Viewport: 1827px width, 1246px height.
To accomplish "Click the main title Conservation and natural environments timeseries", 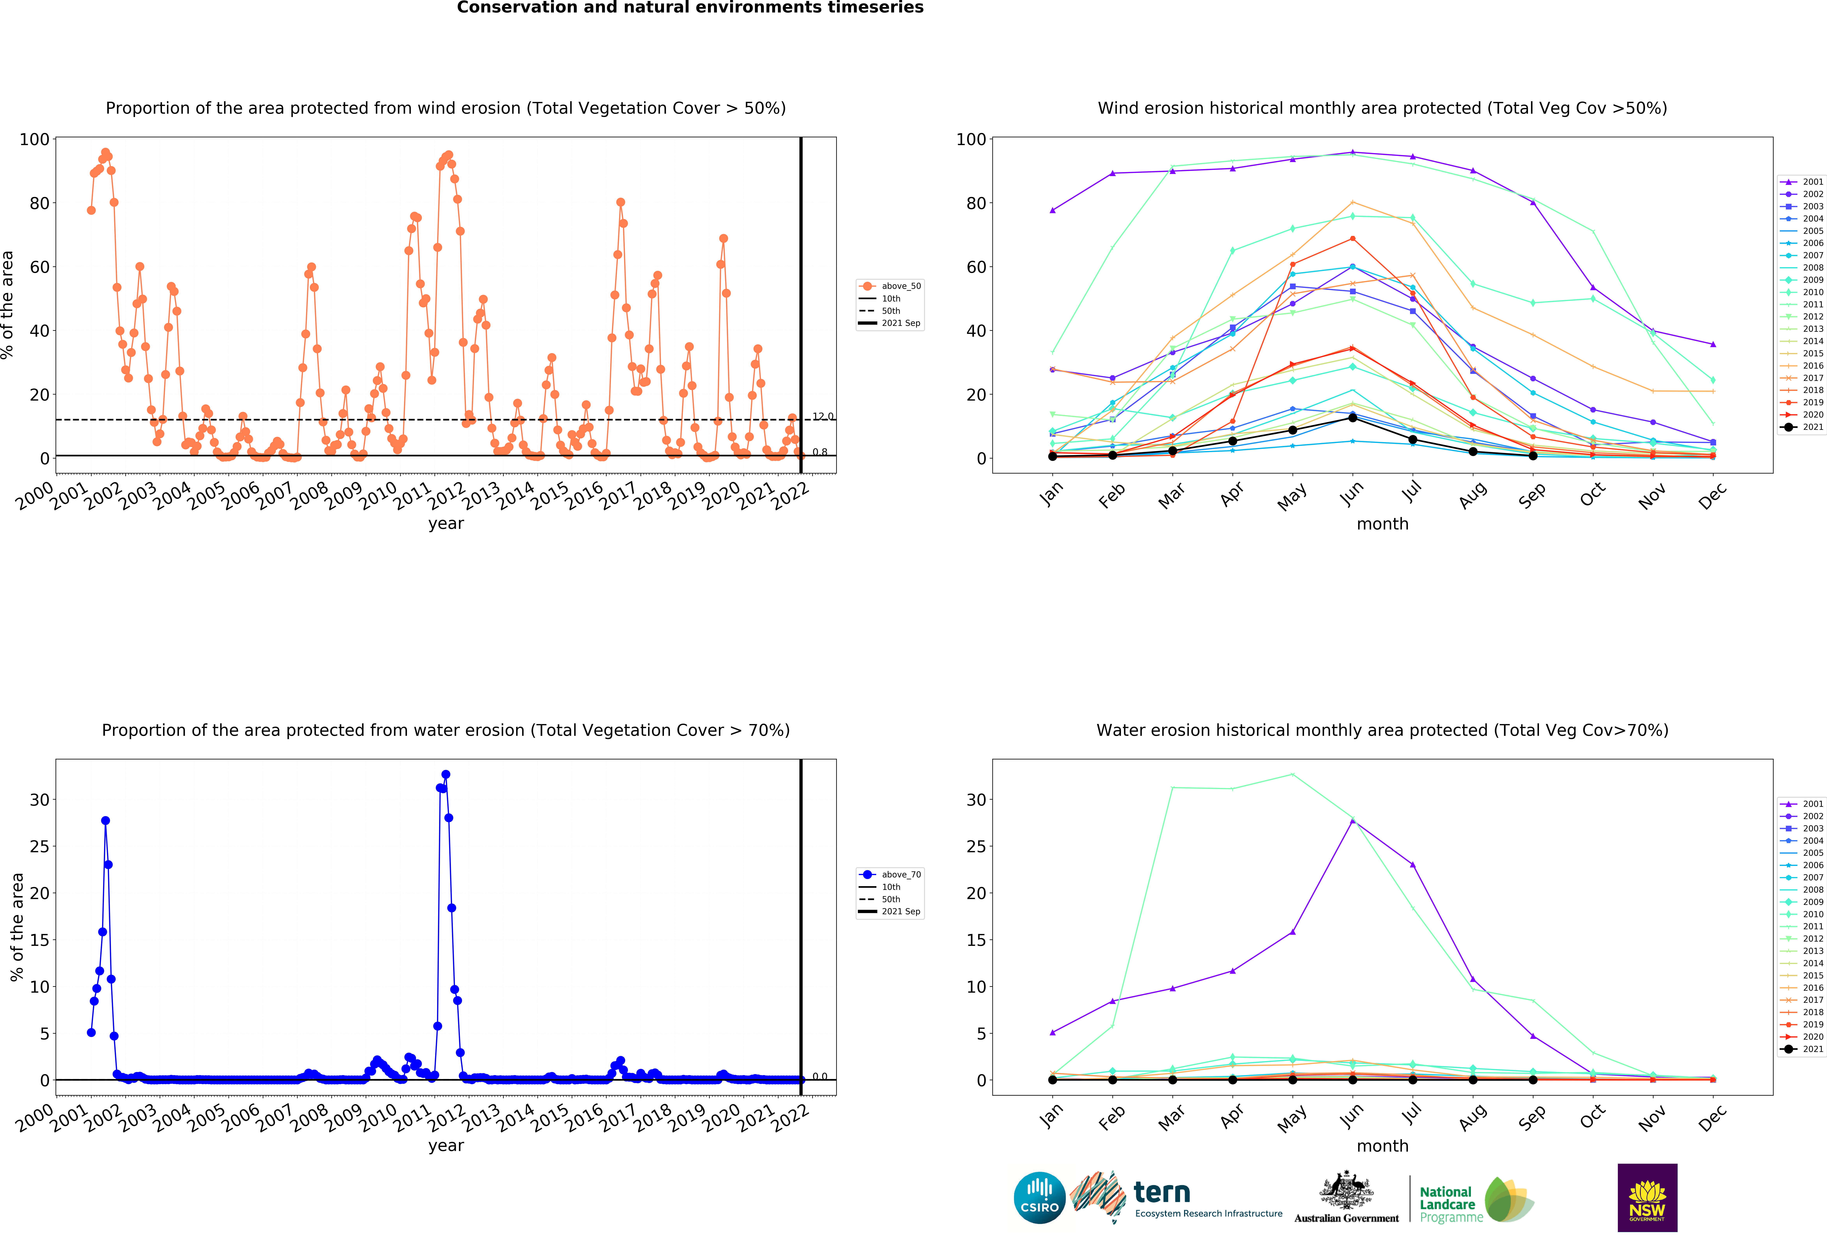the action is (x=690, y=8).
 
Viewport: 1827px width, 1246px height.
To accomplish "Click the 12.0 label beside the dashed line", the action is (x=822, y=416).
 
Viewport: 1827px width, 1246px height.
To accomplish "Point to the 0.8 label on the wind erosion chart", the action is (x=820, y=452).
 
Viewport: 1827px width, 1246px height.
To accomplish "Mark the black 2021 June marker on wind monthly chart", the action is (x=1352, y=418).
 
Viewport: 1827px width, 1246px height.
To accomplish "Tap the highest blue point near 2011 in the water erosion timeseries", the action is (x=446, y=775).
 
